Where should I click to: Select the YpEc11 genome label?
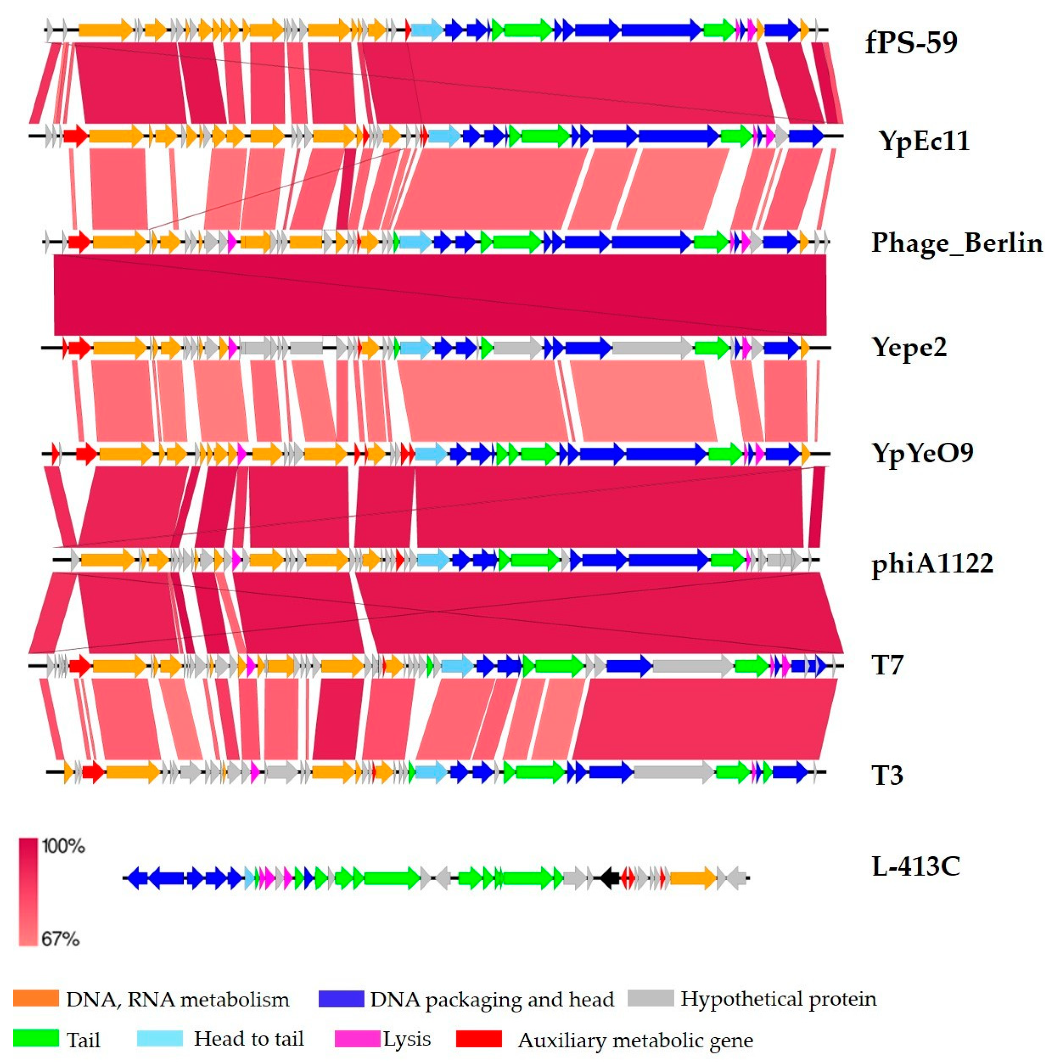924,141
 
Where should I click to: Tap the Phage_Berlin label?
956,242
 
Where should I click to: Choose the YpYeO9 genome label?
922,452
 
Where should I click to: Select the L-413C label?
916,867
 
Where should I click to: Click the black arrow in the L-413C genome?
609,878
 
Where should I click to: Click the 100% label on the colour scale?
64,847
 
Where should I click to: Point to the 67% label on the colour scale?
60,939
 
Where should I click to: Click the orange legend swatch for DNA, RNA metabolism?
36,998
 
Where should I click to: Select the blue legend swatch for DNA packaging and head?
341,998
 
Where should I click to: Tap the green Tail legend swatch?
36,1038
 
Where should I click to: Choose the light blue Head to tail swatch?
160,1038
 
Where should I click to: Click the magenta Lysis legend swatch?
357,1038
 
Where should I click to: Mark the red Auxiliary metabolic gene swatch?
479,1038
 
